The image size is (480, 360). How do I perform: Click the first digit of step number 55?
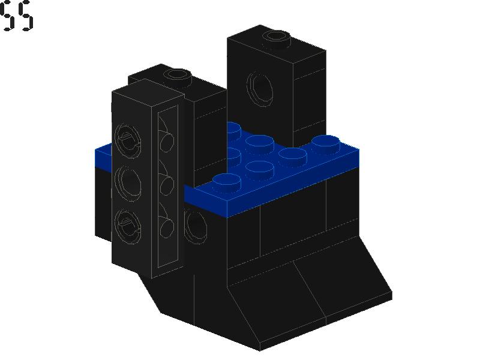[x=7, y=16]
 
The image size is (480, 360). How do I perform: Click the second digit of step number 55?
[x=25, y=16]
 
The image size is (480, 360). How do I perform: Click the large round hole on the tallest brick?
[x=260, y=89]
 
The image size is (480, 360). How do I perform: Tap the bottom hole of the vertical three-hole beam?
[x=128, y=226]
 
